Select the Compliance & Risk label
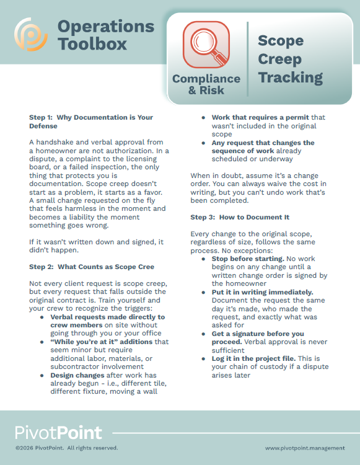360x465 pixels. [206, 84]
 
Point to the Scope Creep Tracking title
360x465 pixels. [290, 60]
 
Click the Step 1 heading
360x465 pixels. [91, 122]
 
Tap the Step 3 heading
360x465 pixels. [240, 217]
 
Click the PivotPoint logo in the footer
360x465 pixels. [59, 432]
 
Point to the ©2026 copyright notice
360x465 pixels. [66, 448]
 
